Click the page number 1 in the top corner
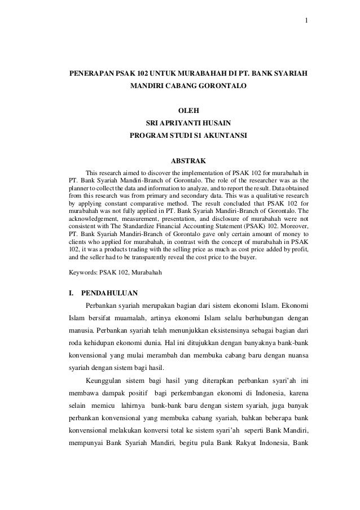pos(306,21)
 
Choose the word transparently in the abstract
pos(149,256)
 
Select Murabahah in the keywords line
pos(147,272)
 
